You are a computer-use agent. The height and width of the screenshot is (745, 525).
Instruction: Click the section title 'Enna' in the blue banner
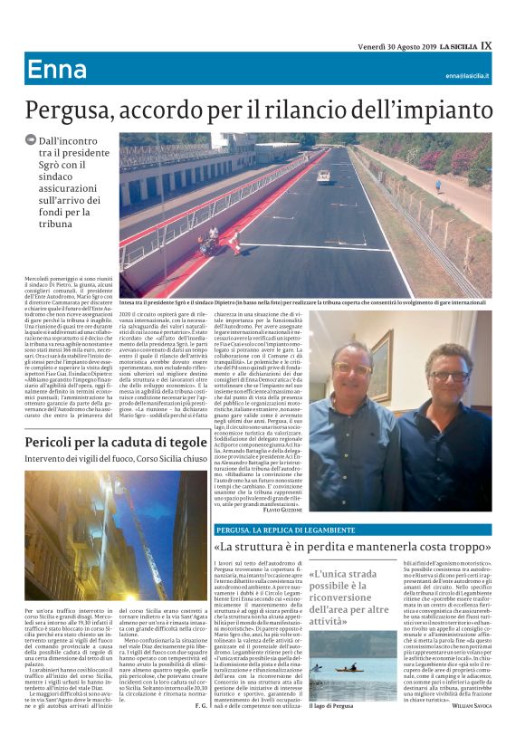(x=56, y=70)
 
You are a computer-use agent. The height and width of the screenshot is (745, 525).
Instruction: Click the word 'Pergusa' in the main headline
(x=74, y=110)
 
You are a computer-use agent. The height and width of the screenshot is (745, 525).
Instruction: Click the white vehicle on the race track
(x=323, y=176)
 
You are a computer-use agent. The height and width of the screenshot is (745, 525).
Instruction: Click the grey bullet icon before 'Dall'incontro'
(x=31, y=139)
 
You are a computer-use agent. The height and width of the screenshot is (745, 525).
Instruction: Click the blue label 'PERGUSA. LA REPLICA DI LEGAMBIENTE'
(x=274, y=529)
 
